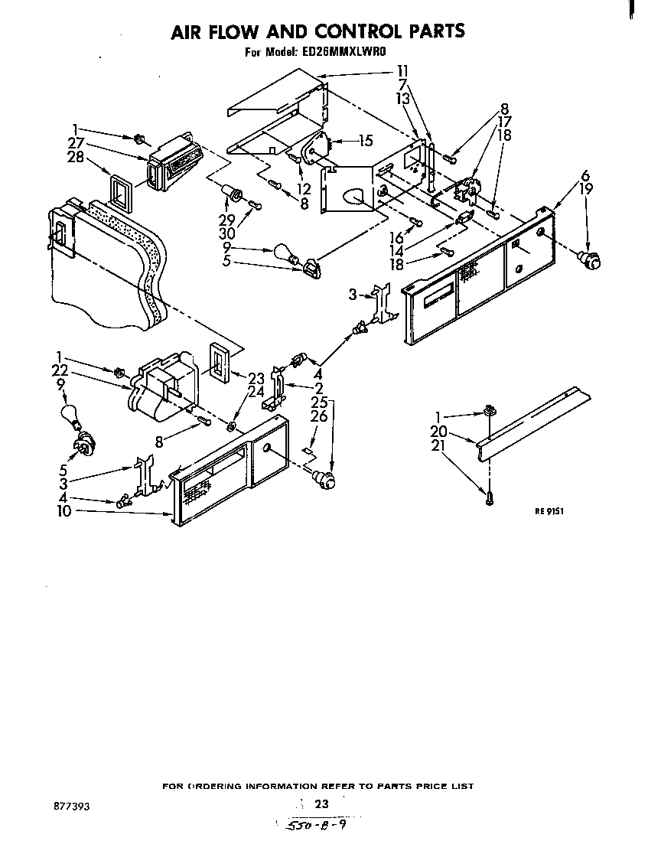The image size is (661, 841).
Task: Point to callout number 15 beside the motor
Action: coord(366,140)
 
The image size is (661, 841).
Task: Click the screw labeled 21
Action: coord(487,498)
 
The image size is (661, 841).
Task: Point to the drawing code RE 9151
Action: coord(549,512)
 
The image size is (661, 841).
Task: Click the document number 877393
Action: coord(70,806)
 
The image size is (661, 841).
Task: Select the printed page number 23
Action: coord(321,804)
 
